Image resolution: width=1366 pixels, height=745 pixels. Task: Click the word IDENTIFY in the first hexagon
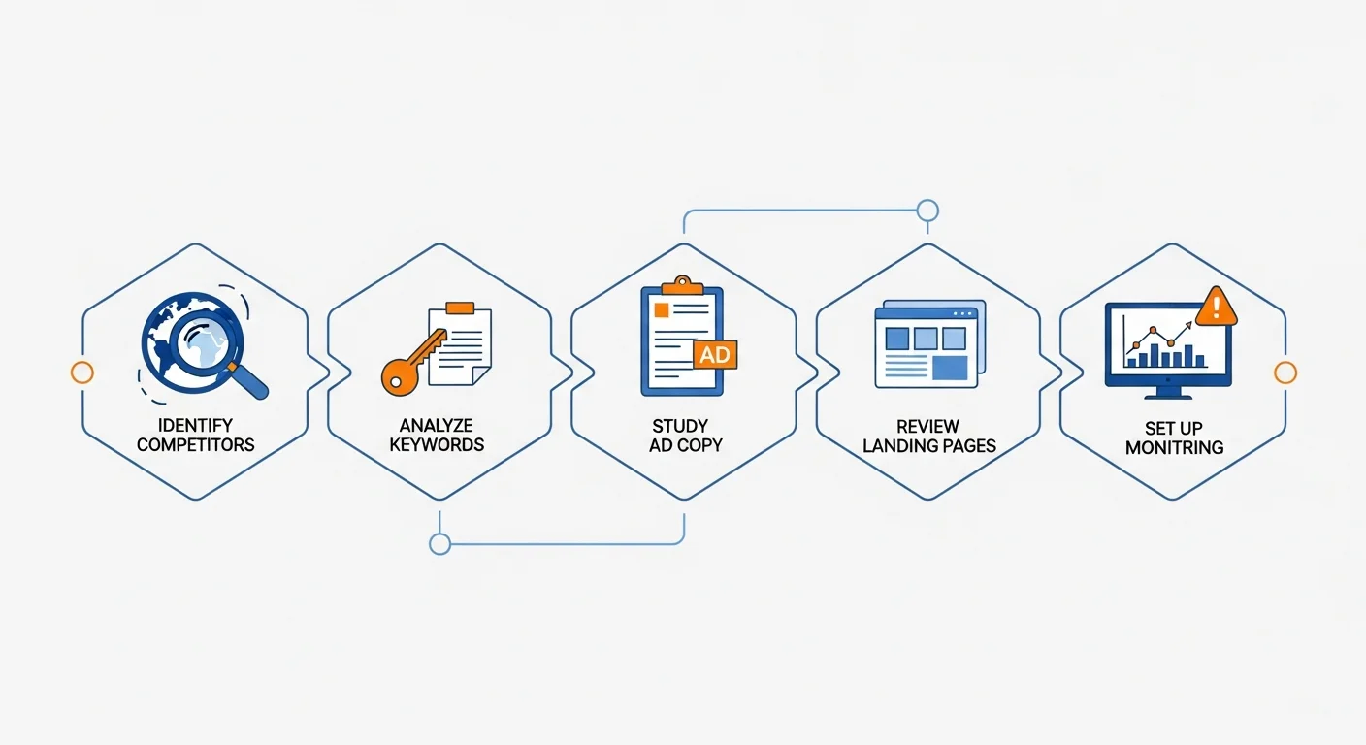(x=195, y=425)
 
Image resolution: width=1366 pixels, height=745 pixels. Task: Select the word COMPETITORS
(x=196, y=445)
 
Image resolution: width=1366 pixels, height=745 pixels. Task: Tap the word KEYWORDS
(x=437, y=445)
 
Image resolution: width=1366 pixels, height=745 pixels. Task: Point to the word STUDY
(x=680, y=426)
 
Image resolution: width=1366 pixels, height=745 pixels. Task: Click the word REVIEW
(x=927, y=426)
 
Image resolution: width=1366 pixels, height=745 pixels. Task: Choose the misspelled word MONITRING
(x=1175, y=448)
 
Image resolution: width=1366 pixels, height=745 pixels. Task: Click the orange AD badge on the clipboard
(x=715, y=354)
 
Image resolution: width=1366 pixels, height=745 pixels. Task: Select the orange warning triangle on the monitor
(x=1216, y=306)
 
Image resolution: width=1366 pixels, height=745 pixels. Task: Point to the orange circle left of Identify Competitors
(x=82, y=372)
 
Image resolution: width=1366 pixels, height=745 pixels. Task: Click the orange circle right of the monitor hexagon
(x=1285, y=372)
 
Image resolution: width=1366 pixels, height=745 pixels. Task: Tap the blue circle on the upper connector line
(x=927, y=211)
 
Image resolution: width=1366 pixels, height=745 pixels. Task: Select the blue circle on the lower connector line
(x=439, y=544)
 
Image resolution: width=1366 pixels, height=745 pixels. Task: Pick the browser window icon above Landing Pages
(x=929, y=343)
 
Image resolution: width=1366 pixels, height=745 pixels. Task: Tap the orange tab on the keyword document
(x=460, y=308)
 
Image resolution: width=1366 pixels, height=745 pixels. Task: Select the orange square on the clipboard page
(x=661, y=310)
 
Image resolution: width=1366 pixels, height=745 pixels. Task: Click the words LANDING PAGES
(x=929, y=446)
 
